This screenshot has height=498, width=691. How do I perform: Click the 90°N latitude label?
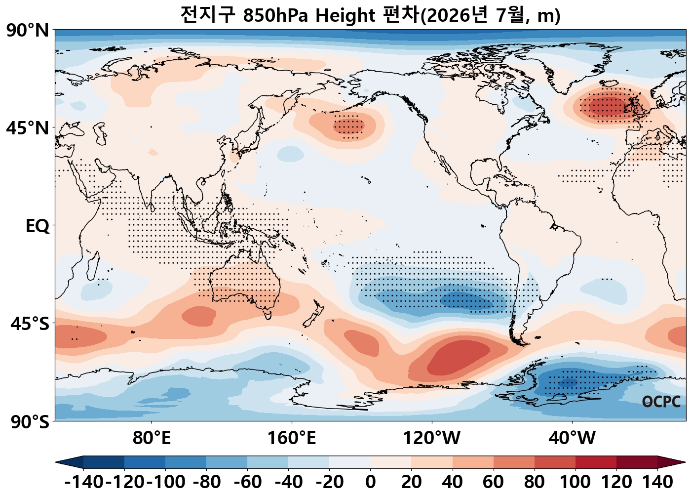coord(28,30)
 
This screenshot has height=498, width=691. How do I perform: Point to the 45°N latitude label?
coord(28,128)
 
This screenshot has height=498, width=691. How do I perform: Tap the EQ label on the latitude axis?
coord(38,226)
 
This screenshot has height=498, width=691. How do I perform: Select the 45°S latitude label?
coord(30,324)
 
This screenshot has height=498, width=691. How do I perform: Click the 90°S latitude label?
coord(30,422)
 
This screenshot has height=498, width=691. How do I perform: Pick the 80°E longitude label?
coord(152,438)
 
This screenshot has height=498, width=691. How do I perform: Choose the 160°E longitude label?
coord(292,438)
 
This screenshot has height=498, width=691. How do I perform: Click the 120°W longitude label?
coord(431,438)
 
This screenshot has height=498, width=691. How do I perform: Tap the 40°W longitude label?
coord(572,438)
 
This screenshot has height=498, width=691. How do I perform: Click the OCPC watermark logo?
coord(661,402)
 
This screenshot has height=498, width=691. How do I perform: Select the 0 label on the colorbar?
coord(370,482)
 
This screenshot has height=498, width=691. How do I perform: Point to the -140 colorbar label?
coord(84,482)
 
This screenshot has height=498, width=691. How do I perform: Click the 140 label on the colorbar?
coord(657,482)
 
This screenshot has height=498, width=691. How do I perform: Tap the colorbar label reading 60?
coord(493,482)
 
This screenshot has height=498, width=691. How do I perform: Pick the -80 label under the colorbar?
coord(206,482)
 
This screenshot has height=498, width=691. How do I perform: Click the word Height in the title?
coord(345,15)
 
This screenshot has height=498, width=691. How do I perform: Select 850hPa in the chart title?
coord(275,15)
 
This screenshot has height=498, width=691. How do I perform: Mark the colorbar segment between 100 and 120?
coord(596,462)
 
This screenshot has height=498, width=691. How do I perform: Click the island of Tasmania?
coord(268,315)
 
